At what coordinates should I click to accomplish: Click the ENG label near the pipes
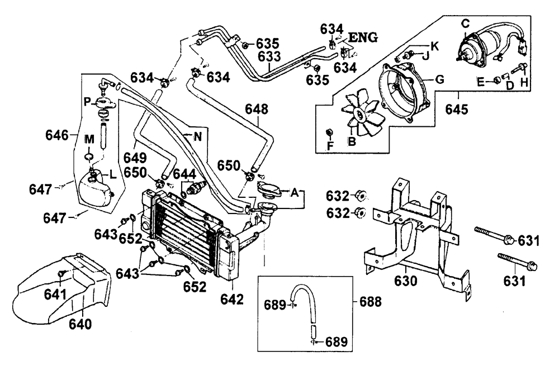tap(363, 37)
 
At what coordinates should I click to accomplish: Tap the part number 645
tap(456, 110)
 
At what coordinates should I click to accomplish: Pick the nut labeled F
tap(330, 133)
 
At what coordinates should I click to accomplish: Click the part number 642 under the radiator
tap(232, 300)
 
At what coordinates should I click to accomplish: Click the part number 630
tap(406, 281)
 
